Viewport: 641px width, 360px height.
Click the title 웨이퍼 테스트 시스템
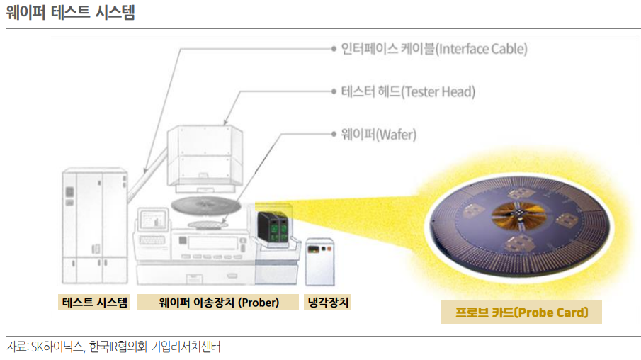click(x=70, y=12)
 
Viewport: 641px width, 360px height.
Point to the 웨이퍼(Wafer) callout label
click(x=378, y=133)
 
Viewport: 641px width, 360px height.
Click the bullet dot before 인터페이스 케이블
click(x=334, y=50)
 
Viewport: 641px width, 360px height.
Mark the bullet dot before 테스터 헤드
click(x=334, y=92)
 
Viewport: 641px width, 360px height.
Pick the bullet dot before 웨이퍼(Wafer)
click(x=334, y=133)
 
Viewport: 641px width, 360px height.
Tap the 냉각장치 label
click(x=328, y=303)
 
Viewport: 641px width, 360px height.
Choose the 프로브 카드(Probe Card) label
click(x=521, y=312)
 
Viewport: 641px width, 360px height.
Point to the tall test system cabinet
click(x=92, y=225)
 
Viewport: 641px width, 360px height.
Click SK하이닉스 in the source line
click(x=57, y=347)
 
